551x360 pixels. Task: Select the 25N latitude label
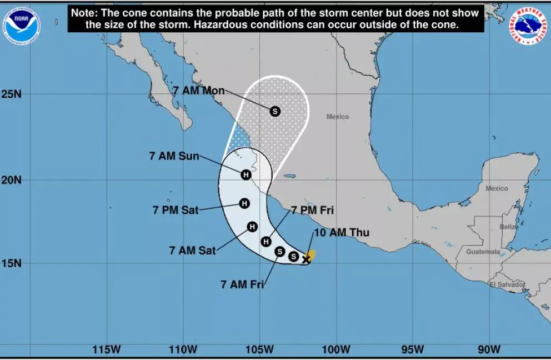pos(11,94)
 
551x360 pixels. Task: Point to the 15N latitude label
pos(11,263)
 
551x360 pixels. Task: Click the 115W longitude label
pos(107,349)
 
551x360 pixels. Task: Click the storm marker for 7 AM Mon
pos(275,111)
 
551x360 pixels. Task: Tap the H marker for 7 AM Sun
pos(246,174)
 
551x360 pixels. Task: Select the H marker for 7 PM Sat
pos(244,203)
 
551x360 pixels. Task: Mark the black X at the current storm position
pos(306,259)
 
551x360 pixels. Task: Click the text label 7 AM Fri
pos(242,285)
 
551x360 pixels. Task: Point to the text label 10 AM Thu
pos(342,233)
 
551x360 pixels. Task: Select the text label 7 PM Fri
pos(312,211)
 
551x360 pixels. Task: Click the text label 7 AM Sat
pos(192,251)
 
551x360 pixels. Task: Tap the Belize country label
pos(509,227)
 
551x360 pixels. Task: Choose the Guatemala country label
pos(483,252)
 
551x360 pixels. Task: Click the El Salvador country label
pos(507,284)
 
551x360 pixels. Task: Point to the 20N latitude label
pos(11,180)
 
